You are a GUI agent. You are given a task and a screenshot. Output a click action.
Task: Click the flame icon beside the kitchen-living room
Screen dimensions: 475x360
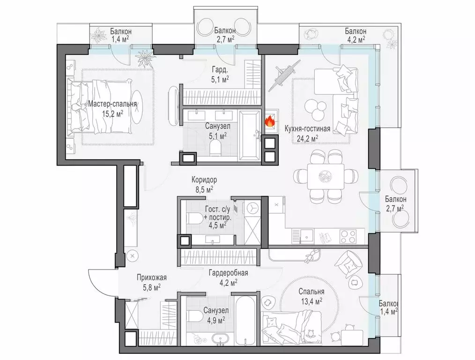point(269,122)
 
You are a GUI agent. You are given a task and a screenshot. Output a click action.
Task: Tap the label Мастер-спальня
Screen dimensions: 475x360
point(112,104)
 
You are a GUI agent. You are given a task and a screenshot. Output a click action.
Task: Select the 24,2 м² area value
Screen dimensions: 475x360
point(307,138)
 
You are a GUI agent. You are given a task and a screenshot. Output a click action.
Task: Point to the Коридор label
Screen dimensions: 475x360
point(204,180)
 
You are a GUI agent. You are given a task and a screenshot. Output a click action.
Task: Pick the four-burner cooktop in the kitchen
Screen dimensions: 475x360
point(349,236)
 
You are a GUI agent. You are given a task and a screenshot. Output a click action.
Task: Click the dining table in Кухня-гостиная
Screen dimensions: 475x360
point(326,176)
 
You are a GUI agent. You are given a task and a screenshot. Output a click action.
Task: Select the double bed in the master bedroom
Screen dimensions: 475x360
point(100,106)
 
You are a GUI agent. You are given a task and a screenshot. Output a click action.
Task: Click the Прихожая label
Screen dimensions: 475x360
point(152,277)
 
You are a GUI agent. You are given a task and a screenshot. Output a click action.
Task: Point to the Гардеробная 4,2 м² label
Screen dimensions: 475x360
point(229,278)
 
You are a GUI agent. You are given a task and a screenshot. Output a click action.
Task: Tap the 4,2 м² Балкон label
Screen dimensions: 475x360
point(356,35)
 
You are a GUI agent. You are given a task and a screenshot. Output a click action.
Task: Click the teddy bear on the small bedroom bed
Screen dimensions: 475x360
point(311,334)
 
